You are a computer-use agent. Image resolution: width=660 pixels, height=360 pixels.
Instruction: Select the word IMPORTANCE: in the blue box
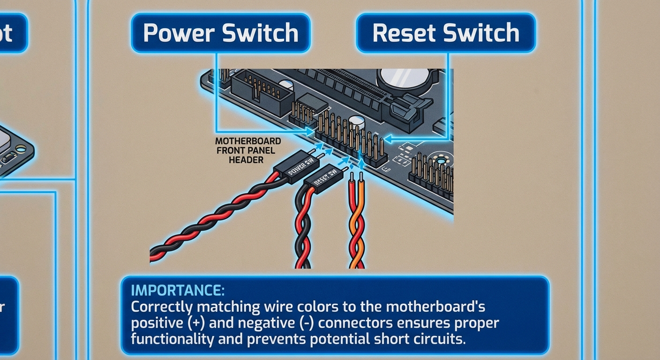point(178,291)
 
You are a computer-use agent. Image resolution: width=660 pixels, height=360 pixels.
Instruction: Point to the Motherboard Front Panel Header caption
point(248,150)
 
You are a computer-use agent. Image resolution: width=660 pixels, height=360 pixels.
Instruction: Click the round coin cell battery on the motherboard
point(402,78)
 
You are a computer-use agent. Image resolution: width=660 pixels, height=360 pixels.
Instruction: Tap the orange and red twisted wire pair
point(357,225)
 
